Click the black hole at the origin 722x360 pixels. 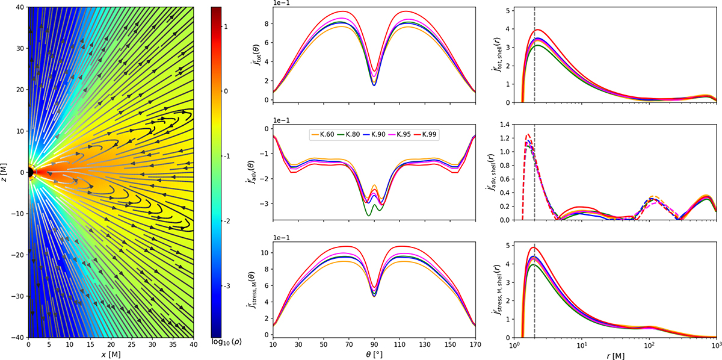30,172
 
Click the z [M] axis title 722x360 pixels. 6,172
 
